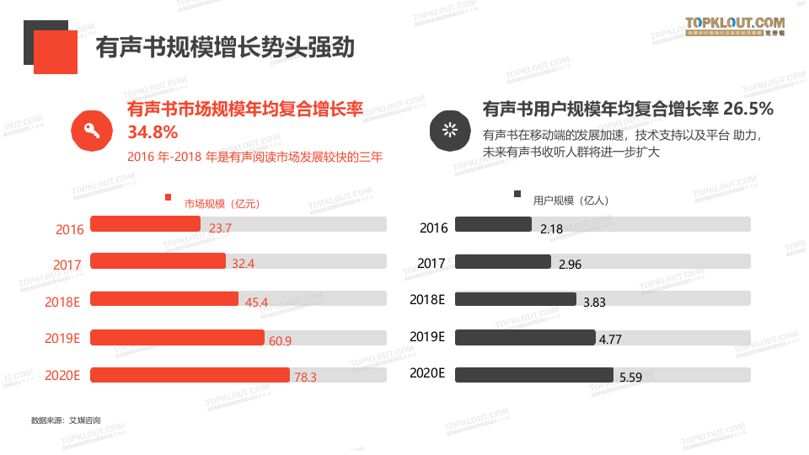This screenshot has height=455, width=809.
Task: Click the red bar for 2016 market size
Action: click(145, 224)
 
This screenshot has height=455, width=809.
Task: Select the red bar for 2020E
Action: click(190, 375)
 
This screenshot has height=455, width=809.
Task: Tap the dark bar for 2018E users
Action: click(515, 299)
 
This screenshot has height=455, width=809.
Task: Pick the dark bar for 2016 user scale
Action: click(493, 224)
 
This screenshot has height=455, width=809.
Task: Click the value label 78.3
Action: click(305, 377)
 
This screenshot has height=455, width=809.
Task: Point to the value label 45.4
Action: click(256, 302)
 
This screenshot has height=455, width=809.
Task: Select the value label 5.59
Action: click(630, 377)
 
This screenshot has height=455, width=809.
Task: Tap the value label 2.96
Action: click(570, 265)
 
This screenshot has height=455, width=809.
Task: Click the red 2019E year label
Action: click(62, 339)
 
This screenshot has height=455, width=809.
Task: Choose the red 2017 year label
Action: click(67, 265)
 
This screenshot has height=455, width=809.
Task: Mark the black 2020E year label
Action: click(426, 373)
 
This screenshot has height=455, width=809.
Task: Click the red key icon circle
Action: click(91, 131)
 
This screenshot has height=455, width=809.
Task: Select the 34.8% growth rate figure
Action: click(153, 132)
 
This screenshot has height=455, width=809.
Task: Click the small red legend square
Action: click(169, 199)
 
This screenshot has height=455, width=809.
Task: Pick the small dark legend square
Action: click(517, 195)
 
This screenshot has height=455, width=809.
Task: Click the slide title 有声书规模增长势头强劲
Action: click(224, 47)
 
